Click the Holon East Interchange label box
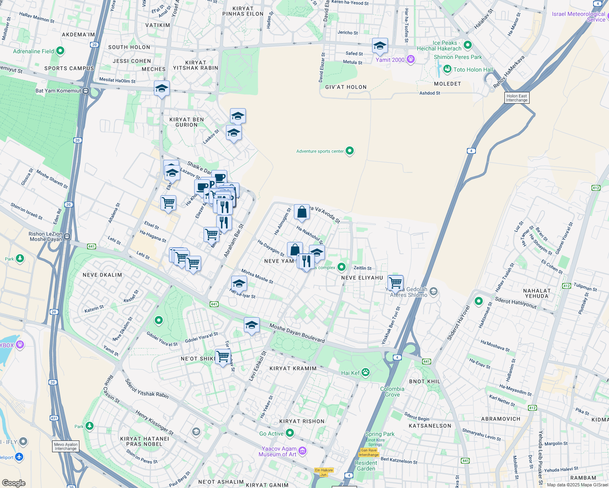click(x=517, y=98)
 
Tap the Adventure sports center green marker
click(x=350, y=151)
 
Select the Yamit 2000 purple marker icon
click(x=411, y=60)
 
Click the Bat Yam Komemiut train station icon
click(x=85, y=91)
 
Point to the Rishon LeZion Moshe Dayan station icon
click(x=67, y=237)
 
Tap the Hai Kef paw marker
click(x=366, y=373)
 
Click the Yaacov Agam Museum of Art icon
click(x=302, y=451)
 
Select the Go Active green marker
click(x=290, y=433)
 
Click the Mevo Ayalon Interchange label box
click(x=66, y=447)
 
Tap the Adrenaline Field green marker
click(x=60, y=51)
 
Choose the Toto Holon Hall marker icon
click(x=447, y=70)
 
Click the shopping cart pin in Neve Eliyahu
click(x=396, y=282)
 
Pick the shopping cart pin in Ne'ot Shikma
click(x=223, y=356)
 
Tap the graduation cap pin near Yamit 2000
click(x=380, y=46)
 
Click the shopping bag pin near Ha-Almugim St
click(x=302, y=212)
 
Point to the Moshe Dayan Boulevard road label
click(x=297, y=333)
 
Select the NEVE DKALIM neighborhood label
click(x=102, y=275)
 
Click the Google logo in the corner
click(x=14, y=483)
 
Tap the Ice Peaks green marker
click(x=468, y=45)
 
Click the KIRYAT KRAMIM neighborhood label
click(x=293, y=368)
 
